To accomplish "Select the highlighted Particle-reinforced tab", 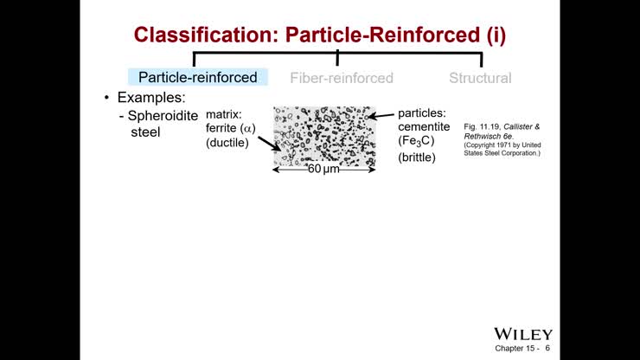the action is coord(198,78).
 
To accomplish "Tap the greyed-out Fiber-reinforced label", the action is coord(341,78).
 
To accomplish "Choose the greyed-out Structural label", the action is coord(480,78).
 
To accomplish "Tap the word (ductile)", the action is coord(227,144).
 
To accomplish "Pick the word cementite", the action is coord(424,127).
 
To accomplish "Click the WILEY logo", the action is coord(522,334).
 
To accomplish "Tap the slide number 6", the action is coord(547,349).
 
